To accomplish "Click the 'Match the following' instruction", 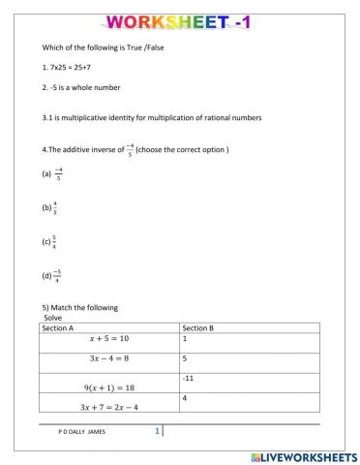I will tap(78, 307).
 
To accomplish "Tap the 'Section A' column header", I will tap(60, 328).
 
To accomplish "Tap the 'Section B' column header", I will tap(199, 328).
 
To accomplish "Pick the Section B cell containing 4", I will tap(184, 398).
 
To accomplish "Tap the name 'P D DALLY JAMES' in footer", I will tap(82, 433).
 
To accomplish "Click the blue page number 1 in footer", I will tap(157, 432).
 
